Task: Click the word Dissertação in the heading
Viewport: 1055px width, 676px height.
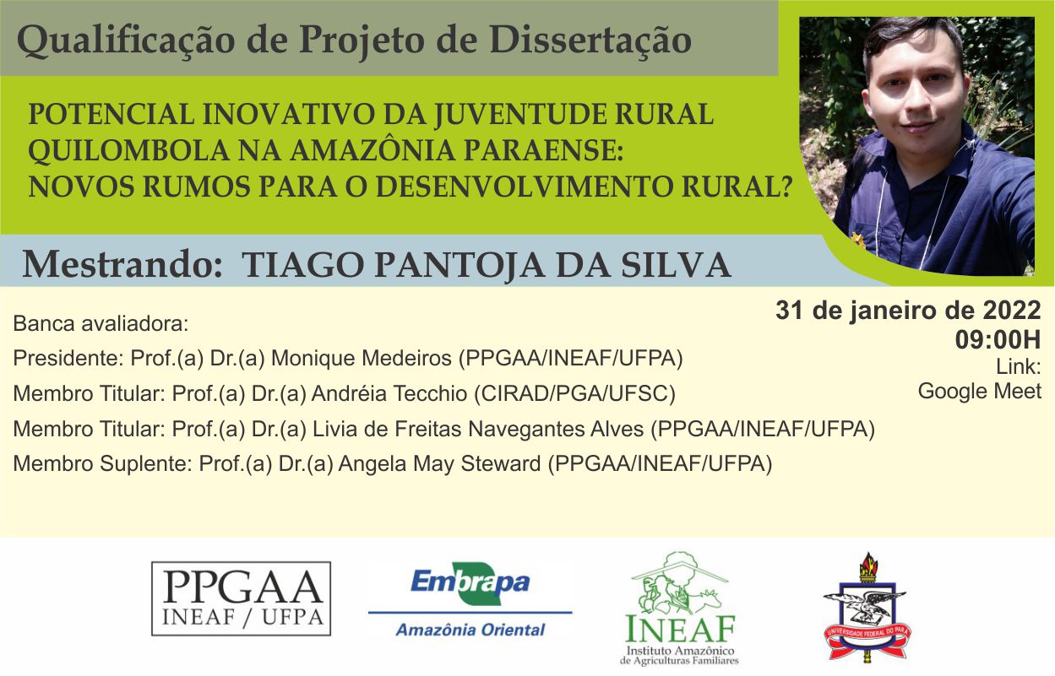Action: (x=590, y=40)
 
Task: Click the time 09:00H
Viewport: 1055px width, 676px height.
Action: (x=998, y=340)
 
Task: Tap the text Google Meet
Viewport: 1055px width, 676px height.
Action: (x=979, y=392)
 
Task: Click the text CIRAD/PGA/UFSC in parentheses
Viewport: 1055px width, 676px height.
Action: (x=574, y=394)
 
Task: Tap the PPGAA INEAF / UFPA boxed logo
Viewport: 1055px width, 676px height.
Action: (x=241, y=598)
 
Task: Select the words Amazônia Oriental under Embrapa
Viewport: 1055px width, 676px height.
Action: (x=470, y=630)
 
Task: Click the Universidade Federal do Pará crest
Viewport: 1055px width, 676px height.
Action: (x=867, y=608)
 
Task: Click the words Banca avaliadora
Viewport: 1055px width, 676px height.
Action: (x=101, y=323)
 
